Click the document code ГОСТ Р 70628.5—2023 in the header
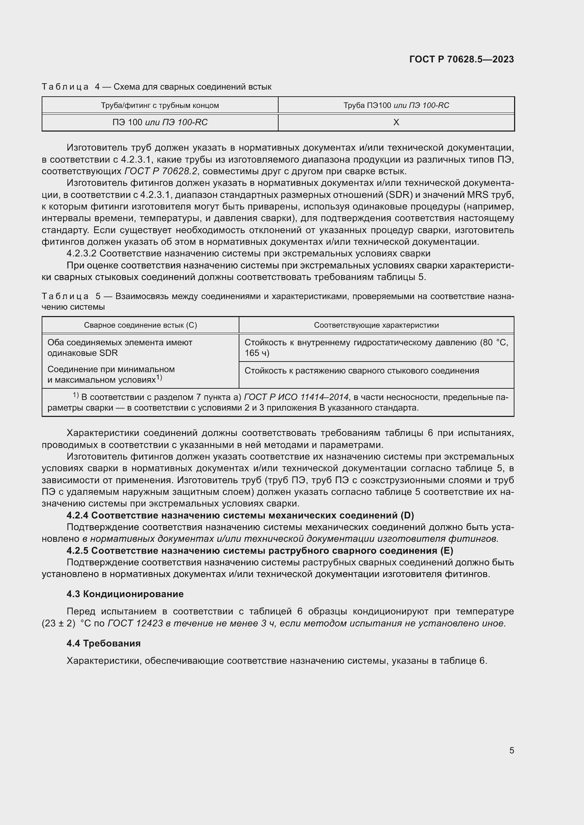461,59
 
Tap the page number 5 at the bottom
511,750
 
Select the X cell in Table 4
396,122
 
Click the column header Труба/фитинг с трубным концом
160,105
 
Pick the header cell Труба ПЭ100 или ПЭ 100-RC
396,105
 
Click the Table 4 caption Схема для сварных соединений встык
192,87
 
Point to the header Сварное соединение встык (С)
140,325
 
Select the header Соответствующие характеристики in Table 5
376,325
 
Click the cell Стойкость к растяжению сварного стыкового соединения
362,370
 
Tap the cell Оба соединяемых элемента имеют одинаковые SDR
120,347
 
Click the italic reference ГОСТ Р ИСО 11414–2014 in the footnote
296,397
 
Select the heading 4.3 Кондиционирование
125,594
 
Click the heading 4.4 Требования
103,643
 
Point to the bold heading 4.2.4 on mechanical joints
240,516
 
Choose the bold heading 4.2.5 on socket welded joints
260,551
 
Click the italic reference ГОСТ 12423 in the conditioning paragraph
135,623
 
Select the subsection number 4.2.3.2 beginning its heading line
81,253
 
